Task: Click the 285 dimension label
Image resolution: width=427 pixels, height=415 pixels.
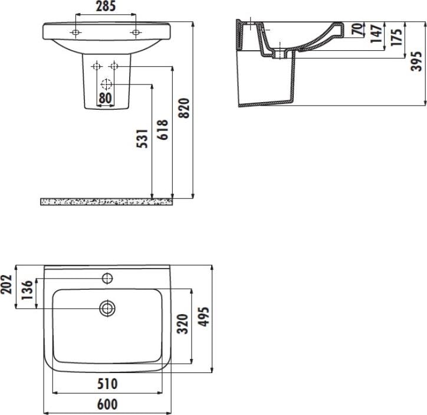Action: (106, 6)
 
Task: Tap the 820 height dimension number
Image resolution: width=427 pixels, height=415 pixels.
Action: (184, 108)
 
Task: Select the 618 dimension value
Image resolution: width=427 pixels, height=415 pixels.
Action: (163, 130)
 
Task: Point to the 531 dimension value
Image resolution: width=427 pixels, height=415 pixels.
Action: (142, 139)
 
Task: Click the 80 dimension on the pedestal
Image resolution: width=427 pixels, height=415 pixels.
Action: (105, 98)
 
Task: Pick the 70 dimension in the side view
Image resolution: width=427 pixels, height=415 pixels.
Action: (357, 30)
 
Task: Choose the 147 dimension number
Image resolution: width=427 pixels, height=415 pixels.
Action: (376, 33)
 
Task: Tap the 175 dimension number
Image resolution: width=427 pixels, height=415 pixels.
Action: (396, 37)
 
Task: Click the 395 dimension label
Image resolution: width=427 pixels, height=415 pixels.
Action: (416, 61)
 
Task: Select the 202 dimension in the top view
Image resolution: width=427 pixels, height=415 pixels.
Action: (6, 285)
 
